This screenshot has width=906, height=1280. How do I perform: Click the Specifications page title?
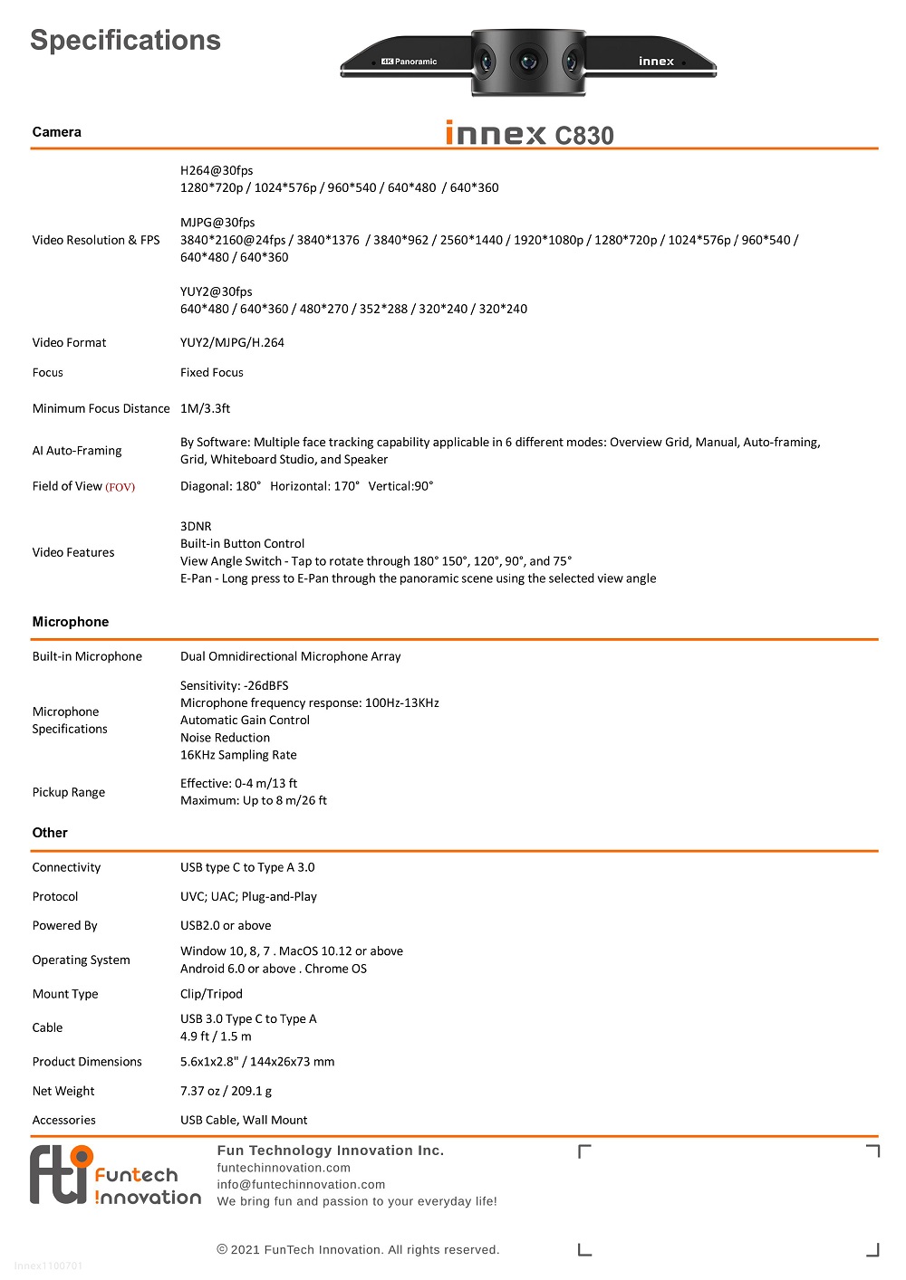pyautogui.click(x=125, y=41)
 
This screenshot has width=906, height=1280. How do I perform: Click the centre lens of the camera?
pyautogui.click(x=527, y=62)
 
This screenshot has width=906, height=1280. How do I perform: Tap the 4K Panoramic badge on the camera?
pyautogui.click(x=409, y=62)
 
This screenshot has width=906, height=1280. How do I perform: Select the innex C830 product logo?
pyautogui.click(x=529, y=134)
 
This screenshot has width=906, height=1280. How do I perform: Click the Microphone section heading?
pyautogui.click(x=71, y=622)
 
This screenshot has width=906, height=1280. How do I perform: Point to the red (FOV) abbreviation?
pyautogui.click(x=120, y=487)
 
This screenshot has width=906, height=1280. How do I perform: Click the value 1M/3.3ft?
pyautogui.click(x=205, y=408)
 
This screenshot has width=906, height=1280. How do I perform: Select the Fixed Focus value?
pyautogui.click(x=211, y=372)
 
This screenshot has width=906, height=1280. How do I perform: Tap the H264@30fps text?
pyautogui.click(x=217, y=170)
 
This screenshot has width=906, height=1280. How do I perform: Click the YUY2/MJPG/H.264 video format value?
pyautogui.click(x=232, y=342)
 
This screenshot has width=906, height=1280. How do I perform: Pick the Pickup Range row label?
pyautogui.click(x=69, y=792)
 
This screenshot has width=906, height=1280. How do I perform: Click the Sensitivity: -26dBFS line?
pyautogui.click(x=234, y=685)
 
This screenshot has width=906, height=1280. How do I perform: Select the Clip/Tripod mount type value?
pyautogui.click(x=211, y=994)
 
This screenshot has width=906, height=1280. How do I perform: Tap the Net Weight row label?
pyautogui.click(x=63, y=1091)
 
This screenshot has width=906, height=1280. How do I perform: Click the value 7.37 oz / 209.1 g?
pyautogui.click(x=226, y=1091)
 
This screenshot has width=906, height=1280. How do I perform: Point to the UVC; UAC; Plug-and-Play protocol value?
pyautogui.click(x=248, y=896)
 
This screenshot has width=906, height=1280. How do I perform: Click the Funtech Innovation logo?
pyautogui.click(x=115, y=1176)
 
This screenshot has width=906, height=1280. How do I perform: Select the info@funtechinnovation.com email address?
pyautogui.click(x=301, y=1184)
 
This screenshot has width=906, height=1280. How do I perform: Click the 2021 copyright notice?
pyautogui.click(x=358, y=1249)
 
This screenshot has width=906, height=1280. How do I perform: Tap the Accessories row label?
pyautogui.click(x=64, y=1120)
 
